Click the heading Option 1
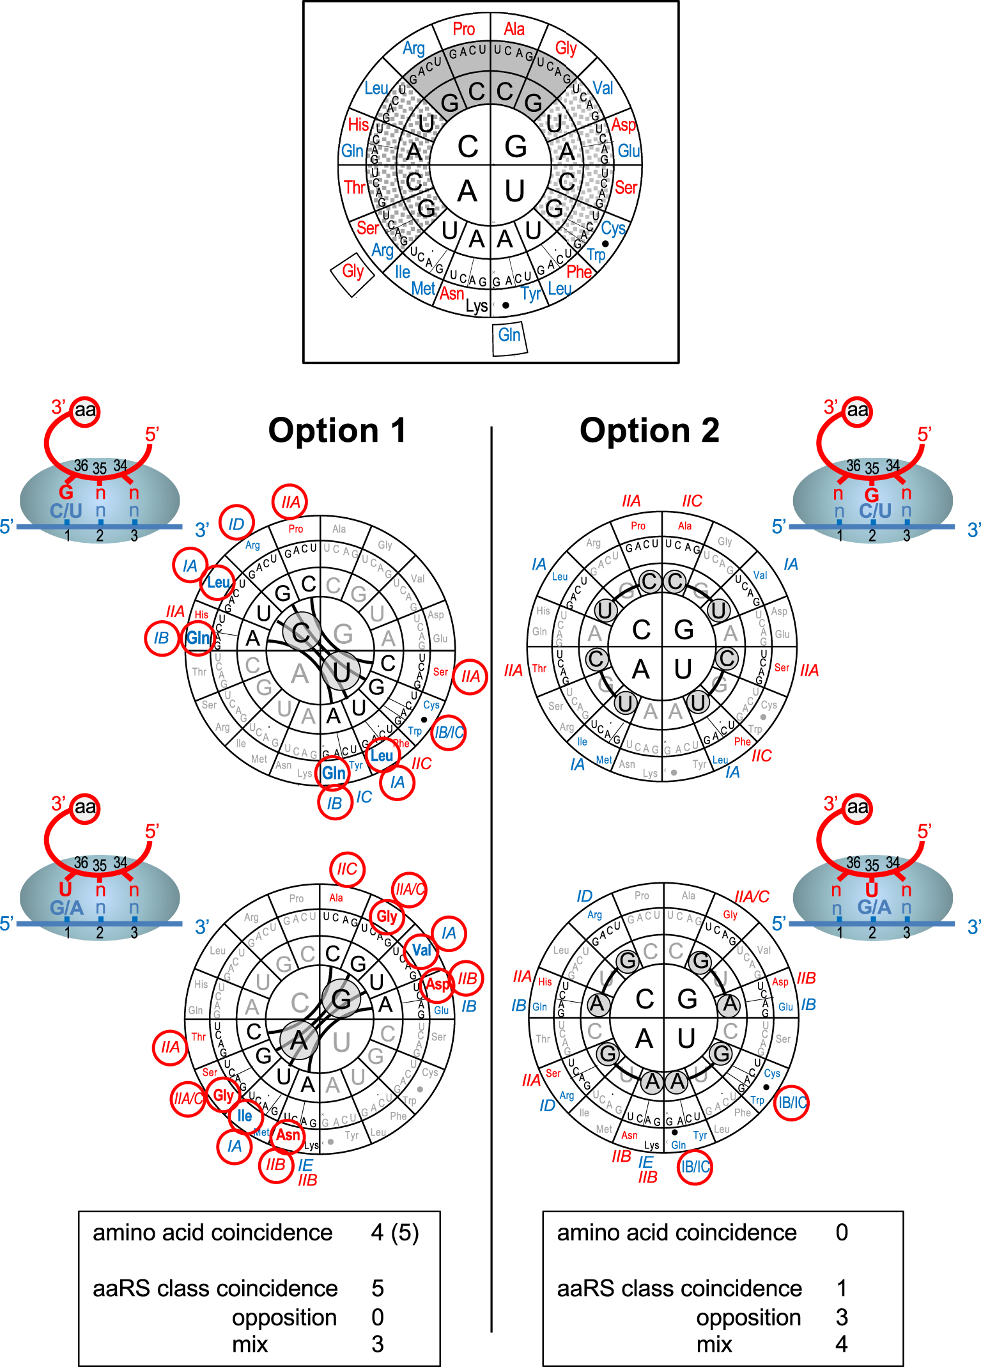337,430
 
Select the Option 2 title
649,430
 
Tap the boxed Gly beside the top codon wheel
352,271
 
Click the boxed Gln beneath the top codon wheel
509,335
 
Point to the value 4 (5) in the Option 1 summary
395,1233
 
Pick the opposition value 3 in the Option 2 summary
842,1317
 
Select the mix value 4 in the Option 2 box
842,1344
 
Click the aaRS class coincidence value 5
378,1288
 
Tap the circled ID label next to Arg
236,524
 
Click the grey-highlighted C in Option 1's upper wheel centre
301,632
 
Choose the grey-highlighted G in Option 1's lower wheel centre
341,999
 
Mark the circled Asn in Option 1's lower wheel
288,1135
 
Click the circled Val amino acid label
421,949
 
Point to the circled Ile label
245,1116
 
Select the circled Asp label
438,984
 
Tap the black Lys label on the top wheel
477,306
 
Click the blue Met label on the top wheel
423,289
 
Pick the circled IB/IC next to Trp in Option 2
791,1102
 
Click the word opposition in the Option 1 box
284,1317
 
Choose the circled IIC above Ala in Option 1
347,869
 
